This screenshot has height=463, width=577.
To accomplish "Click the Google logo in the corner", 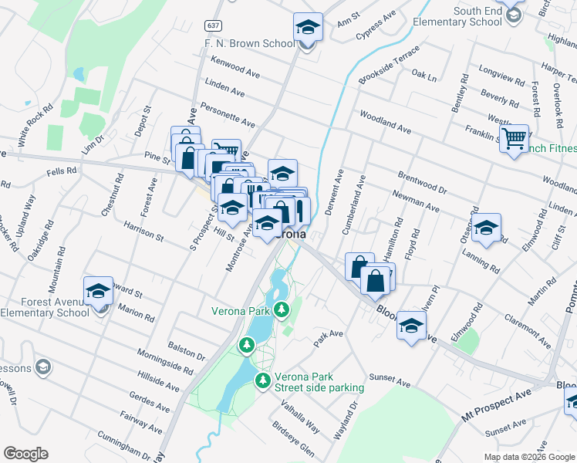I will click(26, 454).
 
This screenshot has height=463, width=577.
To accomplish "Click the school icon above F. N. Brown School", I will click(308, 28).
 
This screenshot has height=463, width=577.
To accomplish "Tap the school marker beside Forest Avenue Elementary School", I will click(98, 291).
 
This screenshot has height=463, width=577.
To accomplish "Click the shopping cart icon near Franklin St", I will click(513, 140).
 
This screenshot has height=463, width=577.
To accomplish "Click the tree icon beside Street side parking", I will click(263, 380).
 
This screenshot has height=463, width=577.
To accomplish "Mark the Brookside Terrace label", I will click(389, 66).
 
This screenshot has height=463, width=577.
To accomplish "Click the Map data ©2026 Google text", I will click(529, 456).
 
